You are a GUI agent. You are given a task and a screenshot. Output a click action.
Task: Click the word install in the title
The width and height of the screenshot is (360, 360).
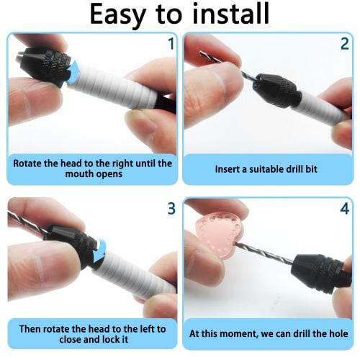tap(228, 14)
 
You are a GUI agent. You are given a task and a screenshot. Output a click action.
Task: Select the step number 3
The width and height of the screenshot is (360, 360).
tap(171, 209)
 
